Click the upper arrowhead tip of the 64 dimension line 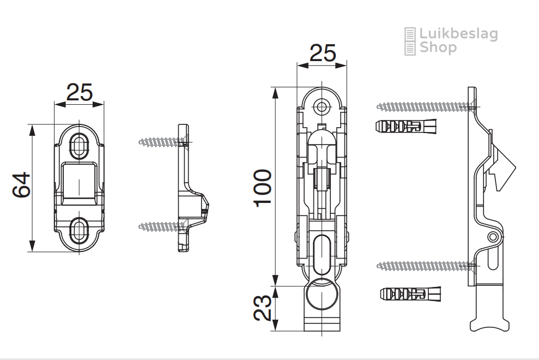[32, 124]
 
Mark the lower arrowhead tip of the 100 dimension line [275, 286]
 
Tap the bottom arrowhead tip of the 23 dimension [275, 331]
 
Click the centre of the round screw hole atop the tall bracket [322, 107]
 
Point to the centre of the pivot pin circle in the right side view [493, 237]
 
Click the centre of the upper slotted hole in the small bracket [79, 146]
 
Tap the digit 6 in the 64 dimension [21, 191]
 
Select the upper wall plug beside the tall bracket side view [405, 127]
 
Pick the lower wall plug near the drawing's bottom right [410, 294]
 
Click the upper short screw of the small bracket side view [164, 142]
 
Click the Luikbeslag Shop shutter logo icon [410, 41]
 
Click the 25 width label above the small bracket [80, 92]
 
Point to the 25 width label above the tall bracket [323, 53]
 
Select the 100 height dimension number [263, 188]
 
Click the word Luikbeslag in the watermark [458, 34]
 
